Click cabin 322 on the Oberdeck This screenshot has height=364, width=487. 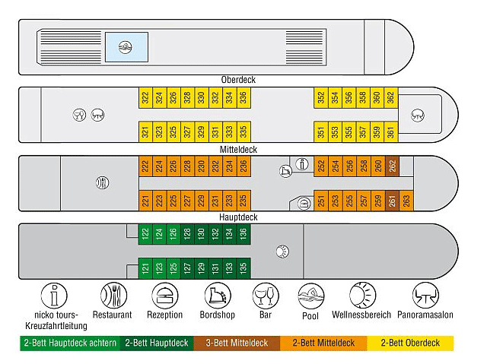point(145,98)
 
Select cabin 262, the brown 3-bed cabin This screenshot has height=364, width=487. point(393,166)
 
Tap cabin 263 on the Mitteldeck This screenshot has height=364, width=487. point(406,201)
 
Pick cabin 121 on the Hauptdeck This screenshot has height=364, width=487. point(145,268)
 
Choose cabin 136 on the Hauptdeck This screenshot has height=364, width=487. point(243,234)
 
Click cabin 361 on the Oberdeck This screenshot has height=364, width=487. point(390,131)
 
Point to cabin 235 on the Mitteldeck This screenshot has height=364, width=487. point(243,201)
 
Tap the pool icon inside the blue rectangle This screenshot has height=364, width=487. point(126,47)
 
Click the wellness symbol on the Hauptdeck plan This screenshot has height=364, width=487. point(282,251)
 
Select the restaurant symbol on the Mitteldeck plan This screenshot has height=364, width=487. point(102,182)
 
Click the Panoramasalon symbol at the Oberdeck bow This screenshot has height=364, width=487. point(418,116)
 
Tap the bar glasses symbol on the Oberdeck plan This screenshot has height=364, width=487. point(79,115)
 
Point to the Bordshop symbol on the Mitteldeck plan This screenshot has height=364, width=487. point(285,171)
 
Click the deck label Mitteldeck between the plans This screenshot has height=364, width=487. point(238,150)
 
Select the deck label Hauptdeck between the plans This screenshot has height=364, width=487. point(238,217)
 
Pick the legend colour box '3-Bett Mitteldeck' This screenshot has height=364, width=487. point(237,343)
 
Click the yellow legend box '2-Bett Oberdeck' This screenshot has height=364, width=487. point(410,343)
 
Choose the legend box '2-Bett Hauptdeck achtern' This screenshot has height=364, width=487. point(70,343)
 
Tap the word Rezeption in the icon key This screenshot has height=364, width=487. point(164,315)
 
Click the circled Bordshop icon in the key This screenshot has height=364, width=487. point(218,296)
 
